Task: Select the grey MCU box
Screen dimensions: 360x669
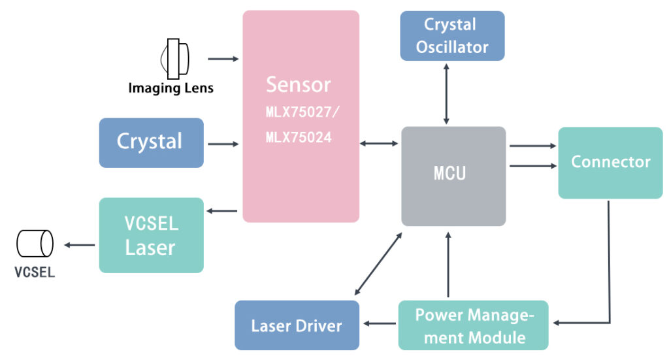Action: coord(453,176)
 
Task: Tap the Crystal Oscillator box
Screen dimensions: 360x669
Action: coord(452,36)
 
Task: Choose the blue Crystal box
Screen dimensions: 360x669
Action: coord(151,142)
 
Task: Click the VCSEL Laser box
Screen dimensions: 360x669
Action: coord(151,235)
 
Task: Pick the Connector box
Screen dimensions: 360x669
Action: coord(610,163)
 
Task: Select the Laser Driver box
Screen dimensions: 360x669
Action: coord(297,325)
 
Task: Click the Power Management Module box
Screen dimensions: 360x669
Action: coord(473,325)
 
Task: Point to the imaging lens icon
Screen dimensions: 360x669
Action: coord(174,58)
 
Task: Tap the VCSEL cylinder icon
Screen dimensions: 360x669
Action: coord(35,244)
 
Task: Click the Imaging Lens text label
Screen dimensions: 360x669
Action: coord(171,88)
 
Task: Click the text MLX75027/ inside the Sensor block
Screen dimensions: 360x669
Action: coord(302,112)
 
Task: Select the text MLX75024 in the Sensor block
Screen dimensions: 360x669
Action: coord(299,138)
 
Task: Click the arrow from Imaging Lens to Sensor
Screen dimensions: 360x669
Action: coord(223,59)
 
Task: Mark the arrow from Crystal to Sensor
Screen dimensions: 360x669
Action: coord(223,143)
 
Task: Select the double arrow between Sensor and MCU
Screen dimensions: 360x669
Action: coord(380,142)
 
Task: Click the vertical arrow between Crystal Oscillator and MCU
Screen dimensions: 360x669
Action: coord(447,93)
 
